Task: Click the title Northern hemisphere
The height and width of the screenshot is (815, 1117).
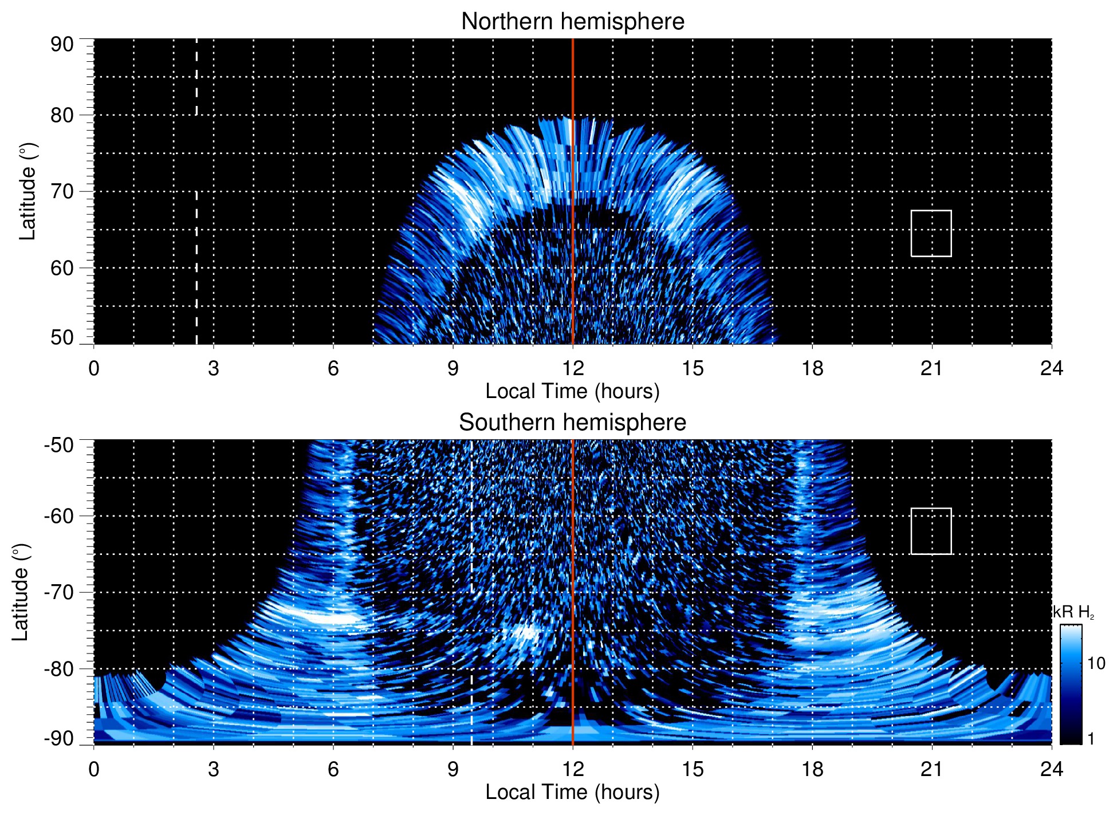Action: click(x=572, y=22)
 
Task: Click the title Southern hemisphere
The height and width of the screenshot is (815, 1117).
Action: click(x=572, y=423)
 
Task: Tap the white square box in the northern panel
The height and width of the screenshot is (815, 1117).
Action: click(x=931, y=233)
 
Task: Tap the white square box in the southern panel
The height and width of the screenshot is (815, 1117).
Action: click(x=931, y=531)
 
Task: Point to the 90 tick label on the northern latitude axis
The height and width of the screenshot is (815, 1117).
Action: click(x=62, y=45)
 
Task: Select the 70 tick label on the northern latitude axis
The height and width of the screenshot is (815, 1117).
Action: click(x=62, y=191)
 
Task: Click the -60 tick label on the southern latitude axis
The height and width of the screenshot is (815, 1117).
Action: click(x=59, y=516)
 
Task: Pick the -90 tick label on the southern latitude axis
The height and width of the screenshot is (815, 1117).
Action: click(x=59, y=738)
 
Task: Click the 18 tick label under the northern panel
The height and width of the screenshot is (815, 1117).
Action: click(x=812, y=368)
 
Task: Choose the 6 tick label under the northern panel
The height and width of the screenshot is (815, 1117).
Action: click(x=333, y=368)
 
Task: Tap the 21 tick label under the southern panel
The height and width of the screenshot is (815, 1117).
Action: click(x=932, y=769)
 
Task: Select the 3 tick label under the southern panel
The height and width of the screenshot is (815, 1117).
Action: click(x=214, y=769)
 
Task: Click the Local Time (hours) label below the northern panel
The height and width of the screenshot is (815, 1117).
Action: click(x=572, y=392)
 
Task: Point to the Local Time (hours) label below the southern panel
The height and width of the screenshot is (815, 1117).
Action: click(x=572, y=793)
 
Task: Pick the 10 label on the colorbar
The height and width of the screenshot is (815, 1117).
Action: click(x=1096, y=664)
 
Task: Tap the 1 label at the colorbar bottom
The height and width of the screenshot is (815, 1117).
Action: click(x=1091, y=739)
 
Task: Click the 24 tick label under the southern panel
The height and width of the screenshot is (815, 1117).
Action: click(x=1051, y=769)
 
